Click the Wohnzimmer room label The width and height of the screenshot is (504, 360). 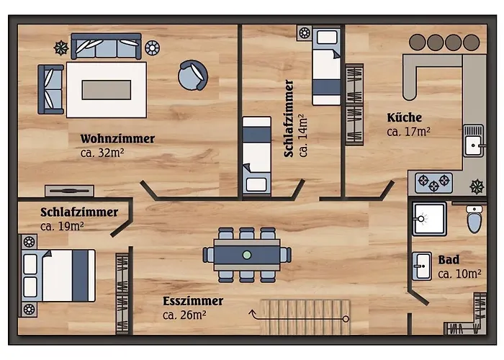click(117, 138)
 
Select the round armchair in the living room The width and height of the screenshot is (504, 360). click(194, 75)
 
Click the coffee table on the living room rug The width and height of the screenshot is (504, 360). click(107, 89)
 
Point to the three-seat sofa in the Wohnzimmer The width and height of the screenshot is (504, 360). click(106, 47)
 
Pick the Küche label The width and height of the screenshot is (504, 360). click(404, 117)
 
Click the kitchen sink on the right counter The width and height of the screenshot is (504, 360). click(473, 140)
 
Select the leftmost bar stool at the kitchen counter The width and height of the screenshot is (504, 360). click(417, 42)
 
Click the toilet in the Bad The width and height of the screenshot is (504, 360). click(474, 219)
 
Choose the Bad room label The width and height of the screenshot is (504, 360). click(449, 260)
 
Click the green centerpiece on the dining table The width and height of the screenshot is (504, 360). click(247, 254)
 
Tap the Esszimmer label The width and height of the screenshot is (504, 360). click(193, 301)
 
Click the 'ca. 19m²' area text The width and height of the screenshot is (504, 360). click(62, 226)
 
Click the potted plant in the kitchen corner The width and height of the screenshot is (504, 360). click(476, 186)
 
